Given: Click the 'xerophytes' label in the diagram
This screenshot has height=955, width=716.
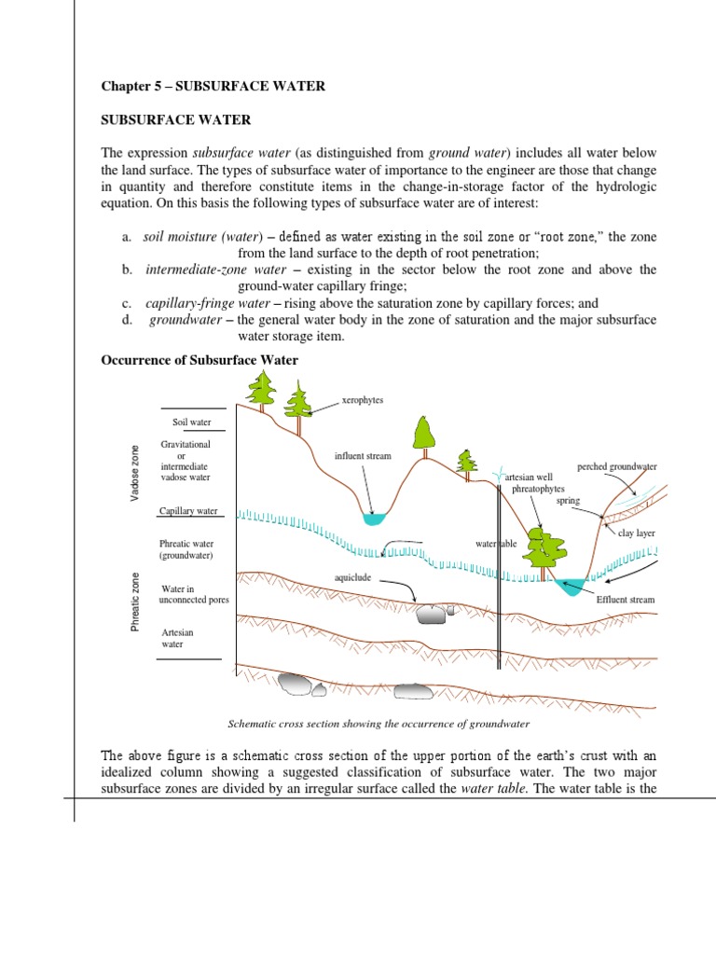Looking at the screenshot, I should pos(363,400).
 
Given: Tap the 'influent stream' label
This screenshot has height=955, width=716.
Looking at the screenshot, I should pos(363,456).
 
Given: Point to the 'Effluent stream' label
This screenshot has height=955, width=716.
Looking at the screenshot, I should pos(625,600).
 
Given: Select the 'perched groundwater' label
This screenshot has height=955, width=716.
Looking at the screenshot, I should pos(617,465).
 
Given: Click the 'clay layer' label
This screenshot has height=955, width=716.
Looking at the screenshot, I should pos(637,535).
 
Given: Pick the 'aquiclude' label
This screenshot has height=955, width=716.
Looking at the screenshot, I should pos(352,578).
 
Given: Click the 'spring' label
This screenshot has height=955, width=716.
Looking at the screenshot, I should pos(568,501).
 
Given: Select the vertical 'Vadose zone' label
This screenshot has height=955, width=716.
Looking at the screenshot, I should pos(134,473).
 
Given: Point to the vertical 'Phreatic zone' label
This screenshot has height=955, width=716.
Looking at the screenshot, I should pos(134,601).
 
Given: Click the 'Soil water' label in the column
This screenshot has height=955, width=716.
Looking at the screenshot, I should pos(192,422).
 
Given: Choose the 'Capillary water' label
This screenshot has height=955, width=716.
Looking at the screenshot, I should pos(188,511).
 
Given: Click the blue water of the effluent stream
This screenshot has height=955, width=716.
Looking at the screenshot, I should pos(570,585).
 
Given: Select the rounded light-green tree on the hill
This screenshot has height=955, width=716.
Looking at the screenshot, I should pos(424,432).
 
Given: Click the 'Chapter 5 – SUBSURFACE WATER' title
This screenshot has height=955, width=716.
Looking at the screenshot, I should pos(213,86).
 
